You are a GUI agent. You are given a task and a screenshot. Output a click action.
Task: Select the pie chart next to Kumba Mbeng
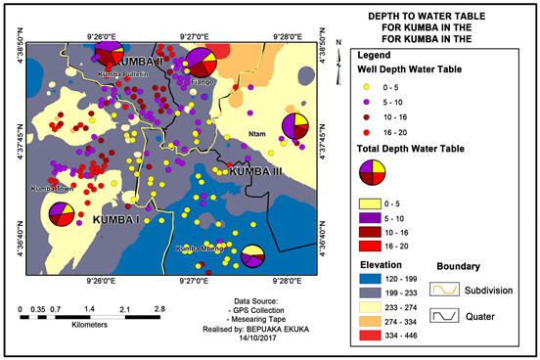point(252,256)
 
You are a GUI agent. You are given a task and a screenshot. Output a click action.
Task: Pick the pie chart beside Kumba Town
point(61,213)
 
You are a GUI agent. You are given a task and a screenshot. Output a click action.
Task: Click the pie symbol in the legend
point(371,172)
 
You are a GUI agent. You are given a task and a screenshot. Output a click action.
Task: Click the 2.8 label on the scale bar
point(158,309)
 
